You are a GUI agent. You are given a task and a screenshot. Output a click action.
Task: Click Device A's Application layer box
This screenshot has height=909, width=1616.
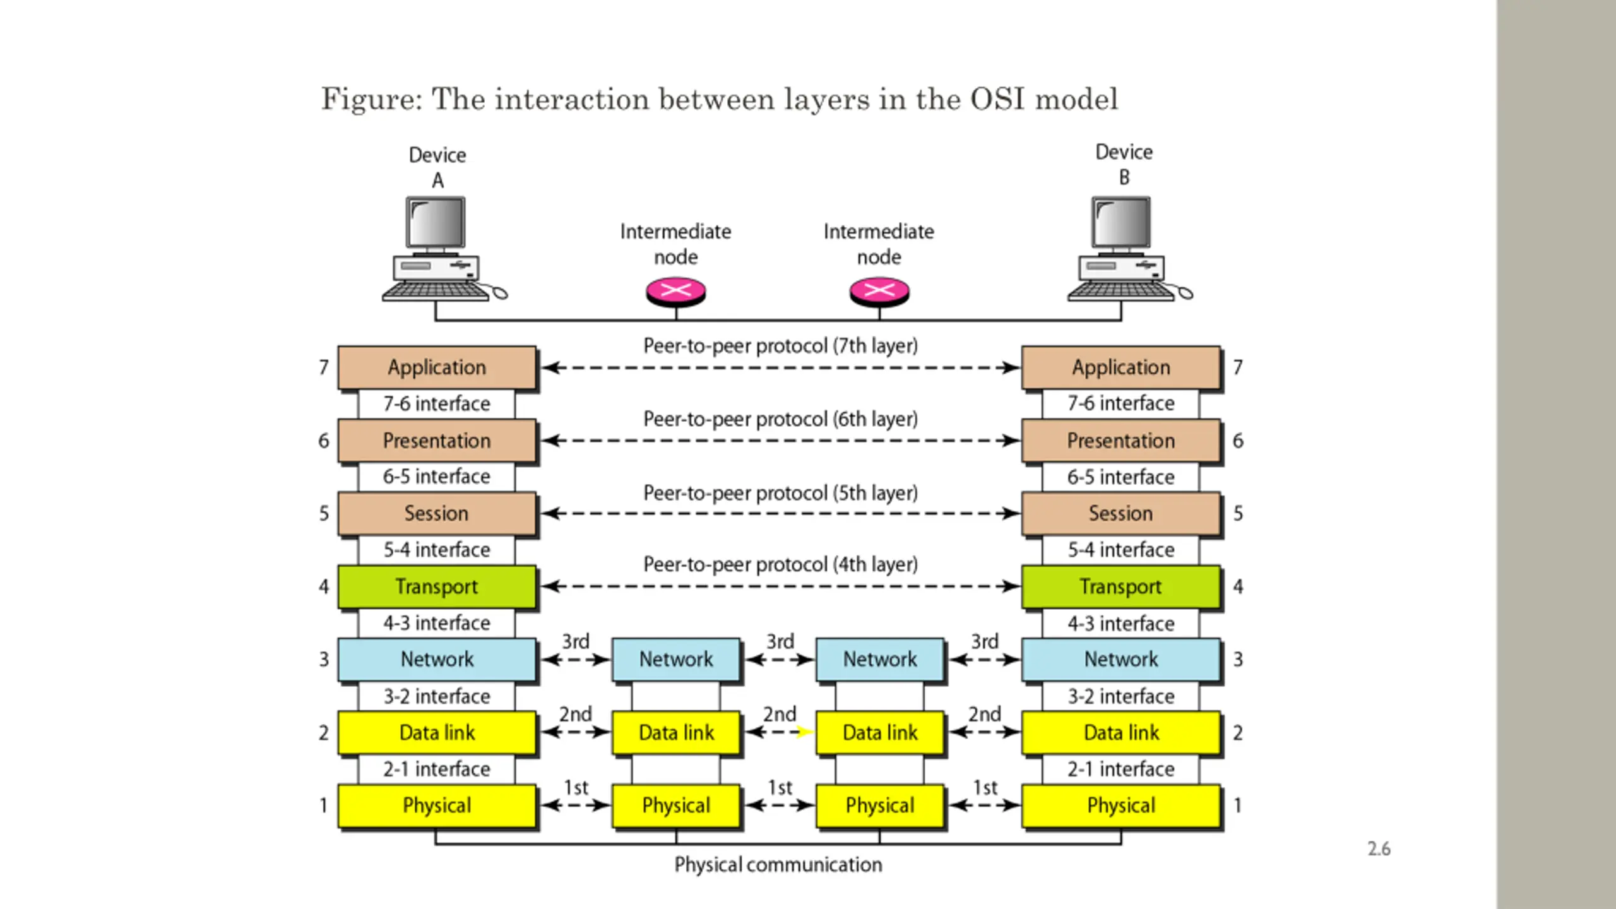(437, 367)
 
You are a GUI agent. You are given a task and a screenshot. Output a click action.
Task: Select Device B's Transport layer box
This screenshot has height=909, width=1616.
(1121, 586)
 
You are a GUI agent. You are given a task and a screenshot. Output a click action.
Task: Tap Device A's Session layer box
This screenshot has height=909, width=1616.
(437, 513)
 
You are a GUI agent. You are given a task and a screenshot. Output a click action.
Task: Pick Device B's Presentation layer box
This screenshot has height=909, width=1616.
(1121, 441)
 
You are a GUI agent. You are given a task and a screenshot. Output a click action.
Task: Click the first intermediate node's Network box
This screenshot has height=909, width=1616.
(676, 660)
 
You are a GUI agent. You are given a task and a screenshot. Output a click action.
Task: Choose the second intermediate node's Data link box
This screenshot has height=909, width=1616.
(880, 732)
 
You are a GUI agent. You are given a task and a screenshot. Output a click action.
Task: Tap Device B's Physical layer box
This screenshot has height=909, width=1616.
(1121, 805)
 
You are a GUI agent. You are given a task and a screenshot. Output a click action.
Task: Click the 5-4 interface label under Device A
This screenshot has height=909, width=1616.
(437, 550)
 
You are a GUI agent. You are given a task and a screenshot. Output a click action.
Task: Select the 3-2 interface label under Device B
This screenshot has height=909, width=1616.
(1121, 696)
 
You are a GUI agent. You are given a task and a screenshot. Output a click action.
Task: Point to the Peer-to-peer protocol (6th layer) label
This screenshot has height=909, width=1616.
(780, 419)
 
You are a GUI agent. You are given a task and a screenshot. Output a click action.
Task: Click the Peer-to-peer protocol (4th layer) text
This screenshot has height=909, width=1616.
(780, 564)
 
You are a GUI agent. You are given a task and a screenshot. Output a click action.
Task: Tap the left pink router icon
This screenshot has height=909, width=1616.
(676, 292)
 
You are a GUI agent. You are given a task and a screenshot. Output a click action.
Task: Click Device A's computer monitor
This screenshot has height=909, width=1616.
(436, 223)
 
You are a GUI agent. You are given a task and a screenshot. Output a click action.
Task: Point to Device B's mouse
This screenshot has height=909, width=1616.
(1185, 293)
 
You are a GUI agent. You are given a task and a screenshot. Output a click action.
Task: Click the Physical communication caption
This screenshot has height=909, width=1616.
(778, 865)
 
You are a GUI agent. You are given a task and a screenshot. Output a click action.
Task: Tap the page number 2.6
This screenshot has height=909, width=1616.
(1379, 849)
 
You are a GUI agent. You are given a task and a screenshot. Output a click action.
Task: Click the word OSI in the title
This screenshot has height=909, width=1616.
(997, 99)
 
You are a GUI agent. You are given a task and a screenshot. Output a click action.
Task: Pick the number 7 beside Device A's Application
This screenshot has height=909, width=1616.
(324, 367)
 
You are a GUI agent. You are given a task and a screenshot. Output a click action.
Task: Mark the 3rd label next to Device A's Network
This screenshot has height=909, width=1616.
(576, 641)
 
